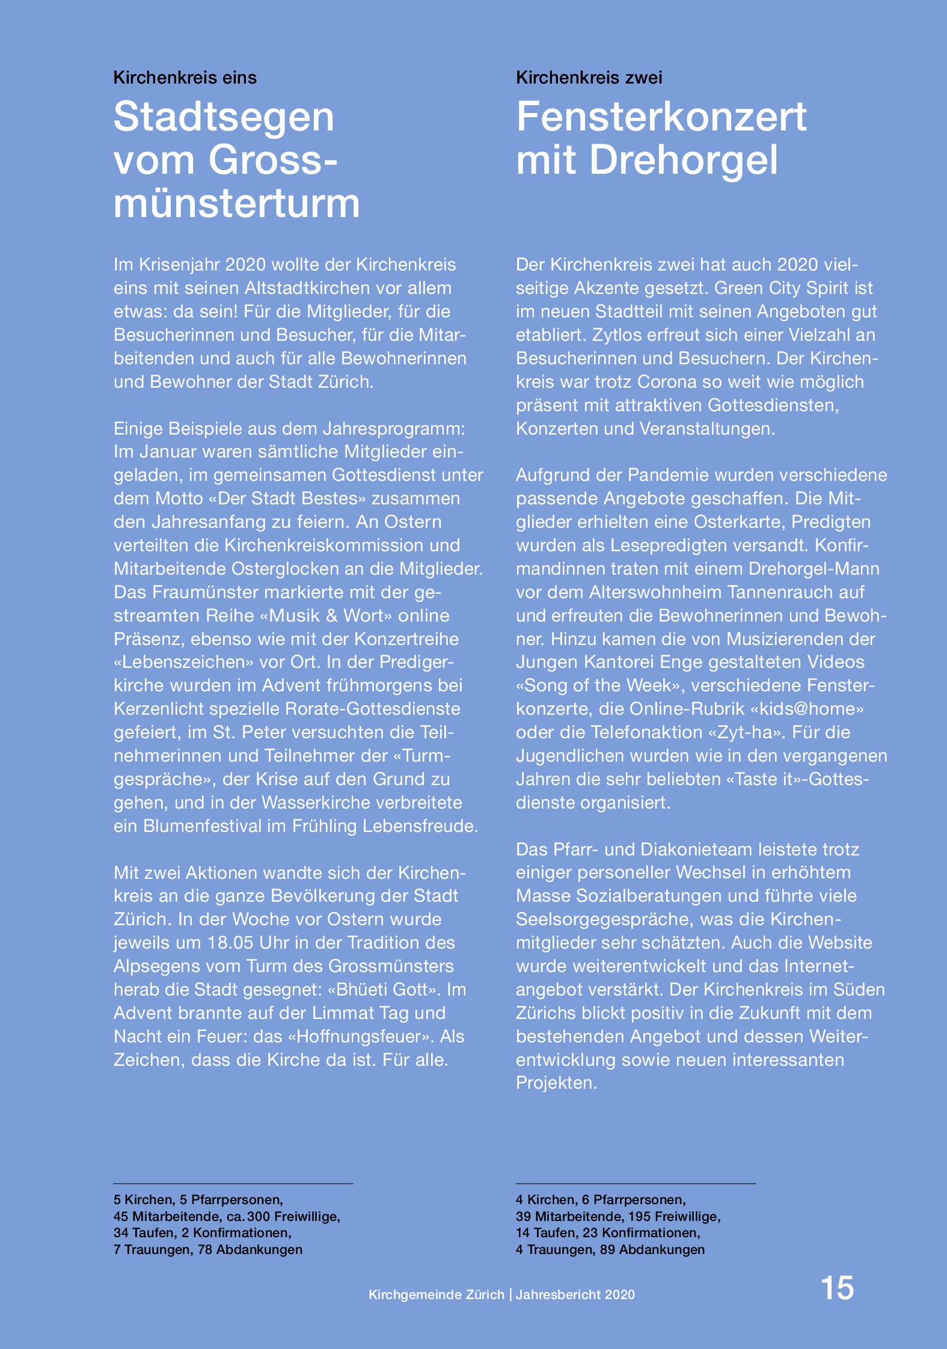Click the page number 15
click(x=837, y=1288)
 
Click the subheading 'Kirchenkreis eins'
click(x=185, y=78)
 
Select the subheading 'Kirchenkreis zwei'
click(x=589, y=78)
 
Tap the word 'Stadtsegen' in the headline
click(x=224, y=117)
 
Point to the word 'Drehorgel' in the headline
click(x=684, y=161)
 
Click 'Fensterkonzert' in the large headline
click(x=661, y=117)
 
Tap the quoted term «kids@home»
click(x=807, y=709)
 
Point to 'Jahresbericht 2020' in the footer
click(x=575, y=1295)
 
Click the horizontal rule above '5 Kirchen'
click(x=233, y=1184)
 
